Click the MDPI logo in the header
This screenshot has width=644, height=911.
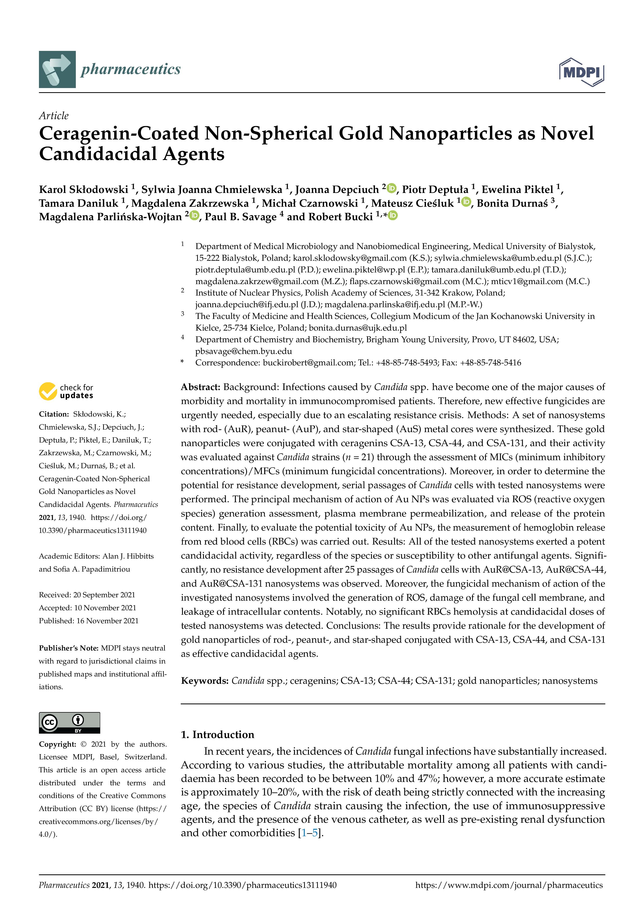[x=581, y=72]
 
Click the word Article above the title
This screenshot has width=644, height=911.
[x=53, y=116]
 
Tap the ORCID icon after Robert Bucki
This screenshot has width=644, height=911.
[x=393, y=216]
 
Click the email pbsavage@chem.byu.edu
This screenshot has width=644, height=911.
[x=243, y=351]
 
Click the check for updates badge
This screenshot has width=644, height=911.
[x=66, y=391]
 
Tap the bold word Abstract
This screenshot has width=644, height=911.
[x=200, y=387]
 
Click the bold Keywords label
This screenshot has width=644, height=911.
[x=205, y=681]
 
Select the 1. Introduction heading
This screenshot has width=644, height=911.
[x=217, y=734]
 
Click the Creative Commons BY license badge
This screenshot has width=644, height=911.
[x=69, y=722]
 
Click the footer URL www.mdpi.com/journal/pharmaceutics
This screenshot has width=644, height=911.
[x=509, y=885]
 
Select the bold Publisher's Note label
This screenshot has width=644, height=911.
[x=69, y=648]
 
